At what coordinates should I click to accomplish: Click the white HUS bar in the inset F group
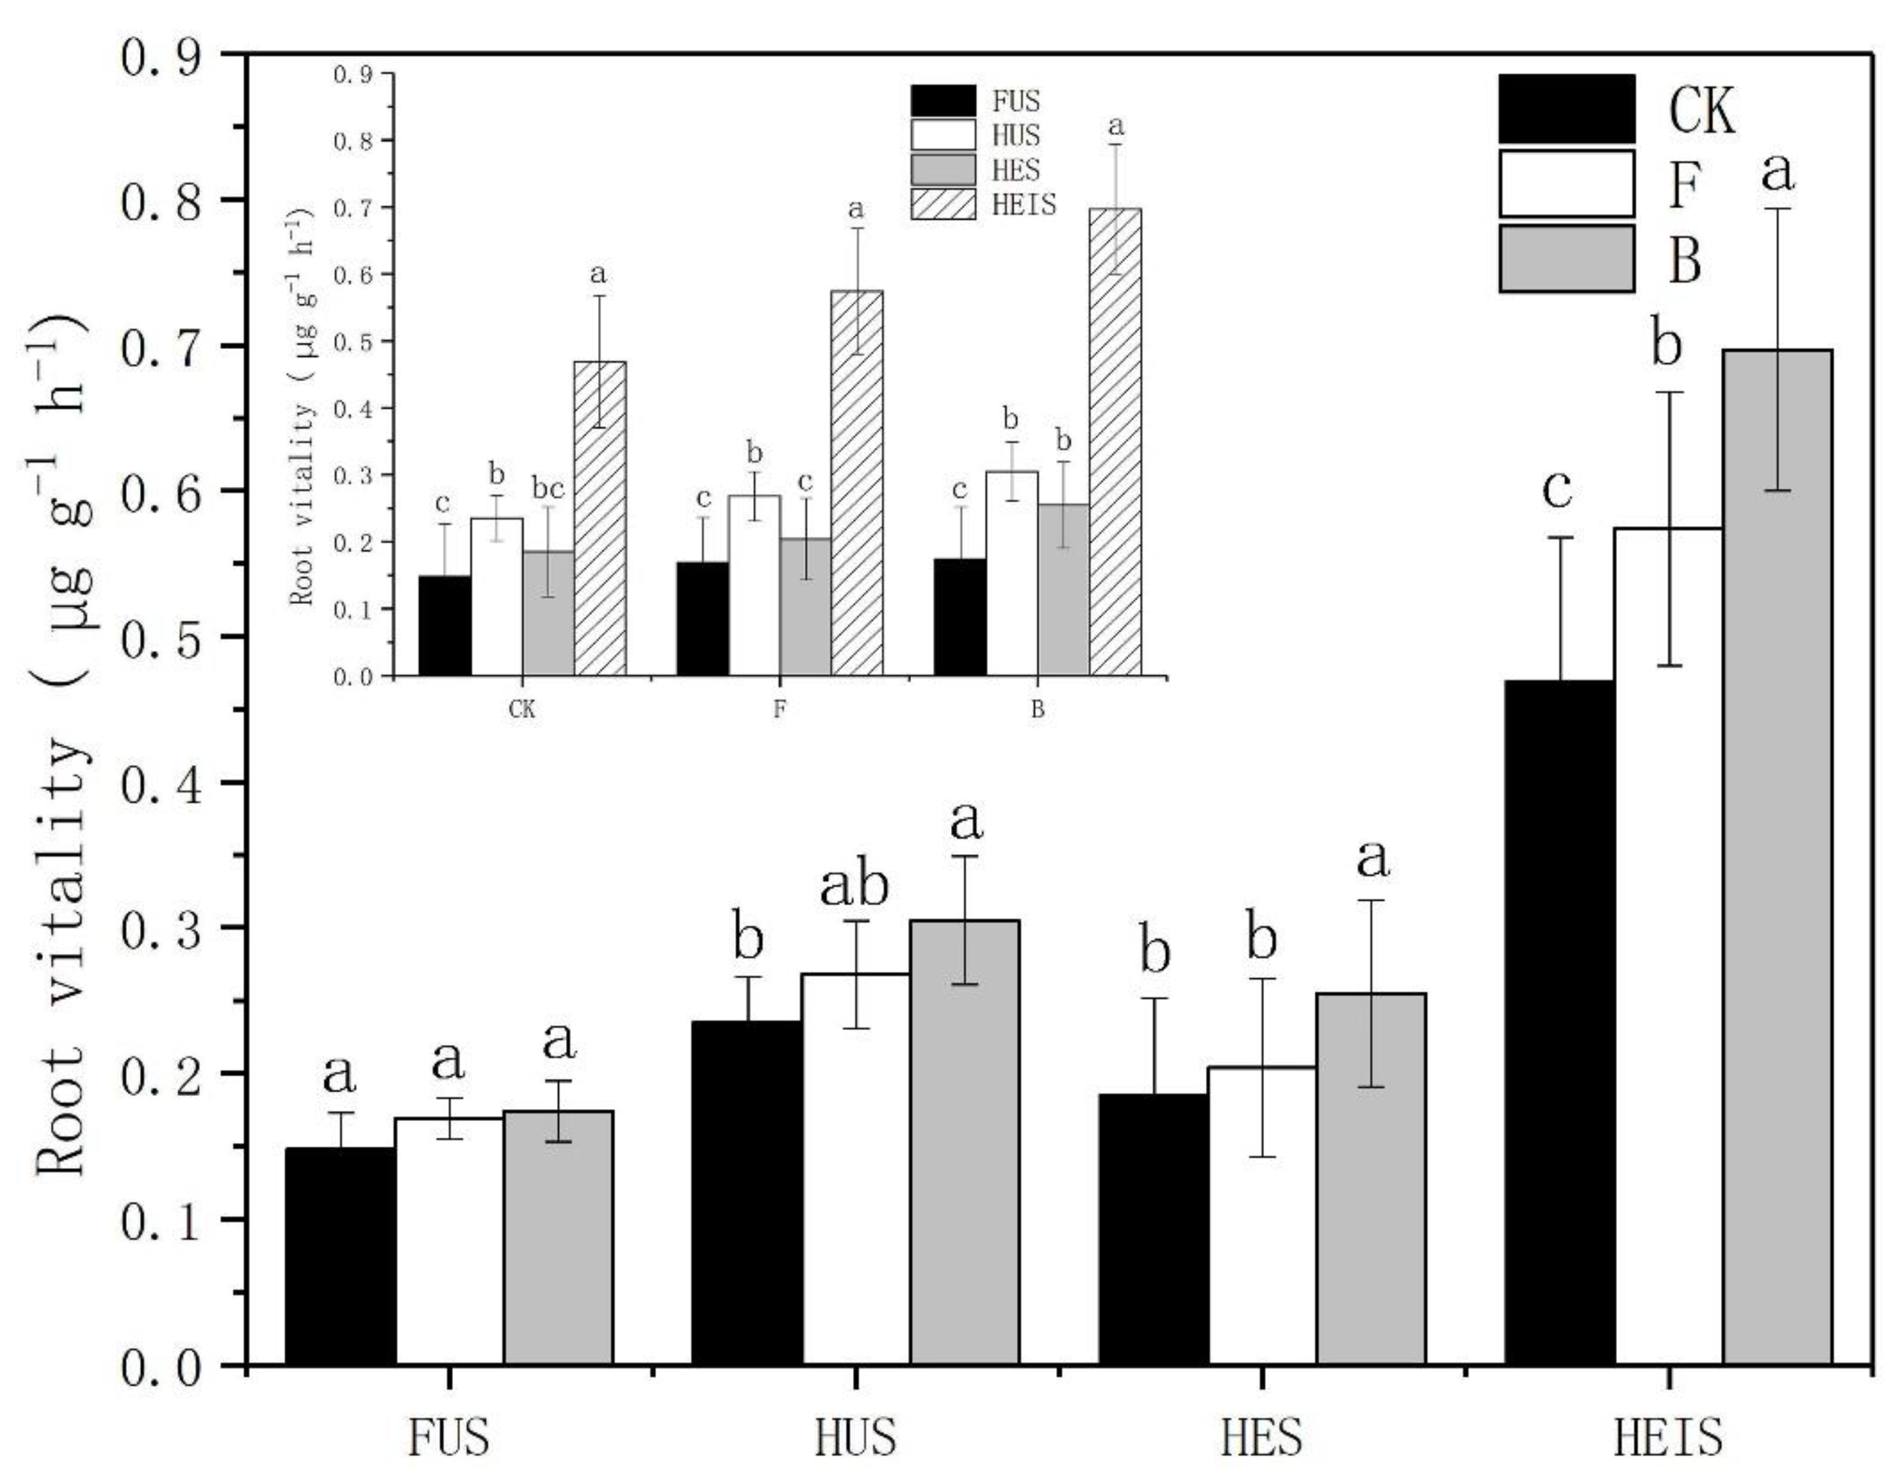tap(754, 585)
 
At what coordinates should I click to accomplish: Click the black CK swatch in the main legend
tap(1566, 109)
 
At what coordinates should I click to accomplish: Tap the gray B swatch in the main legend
tap(1566, 259)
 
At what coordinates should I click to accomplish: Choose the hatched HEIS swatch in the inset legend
tap(943, 205)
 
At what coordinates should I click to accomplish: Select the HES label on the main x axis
tap(1261, 1437)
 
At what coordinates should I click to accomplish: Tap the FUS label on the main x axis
tap(448, 1437)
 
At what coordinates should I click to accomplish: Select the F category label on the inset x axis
tap(780, 709)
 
